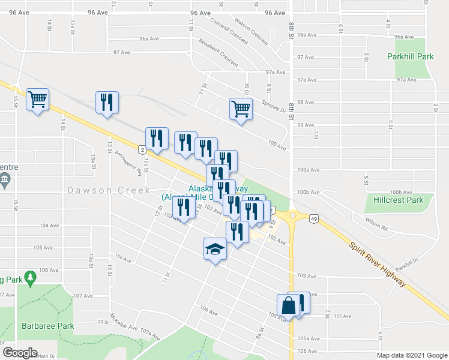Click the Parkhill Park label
[411, 56]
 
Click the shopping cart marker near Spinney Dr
[240, 109]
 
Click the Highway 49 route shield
[314, 220]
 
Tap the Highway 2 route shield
[141, 148]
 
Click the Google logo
[19, 353]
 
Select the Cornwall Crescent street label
[229, 30]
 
